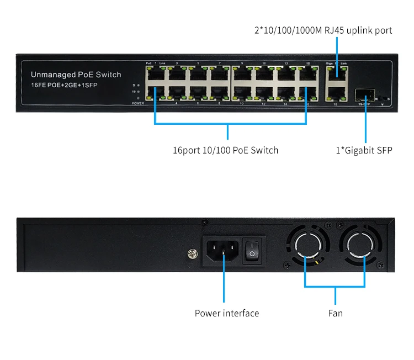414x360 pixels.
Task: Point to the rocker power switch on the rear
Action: pyautogui.click(x=252, y=251)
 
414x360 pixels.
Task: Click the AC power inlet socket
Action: pyautogui.click(x=223, y=251)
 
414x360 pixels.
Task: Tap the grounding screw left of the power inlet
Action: pyautogui.click(x=193, y=255)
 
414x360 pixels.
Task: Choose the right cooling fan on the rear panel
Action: pyautogui.click(x=365, y=252)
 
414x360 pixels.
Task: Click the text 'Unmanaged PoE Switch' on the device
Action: pyautogui.click(x=76, y=75)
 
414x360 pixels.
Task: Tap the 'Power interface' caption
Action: pyautogui.click(x=226, y=313)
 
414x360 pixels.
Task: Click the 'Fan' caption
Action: pyautogui.click(x=335, y=313)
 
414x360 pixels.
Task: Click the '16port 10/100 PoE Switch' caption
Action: pyautogui.click(x=225, y=150)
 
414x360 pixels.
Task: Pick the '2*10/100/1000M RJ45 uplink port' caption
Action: pyautogui.click(x=323, y=30)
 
